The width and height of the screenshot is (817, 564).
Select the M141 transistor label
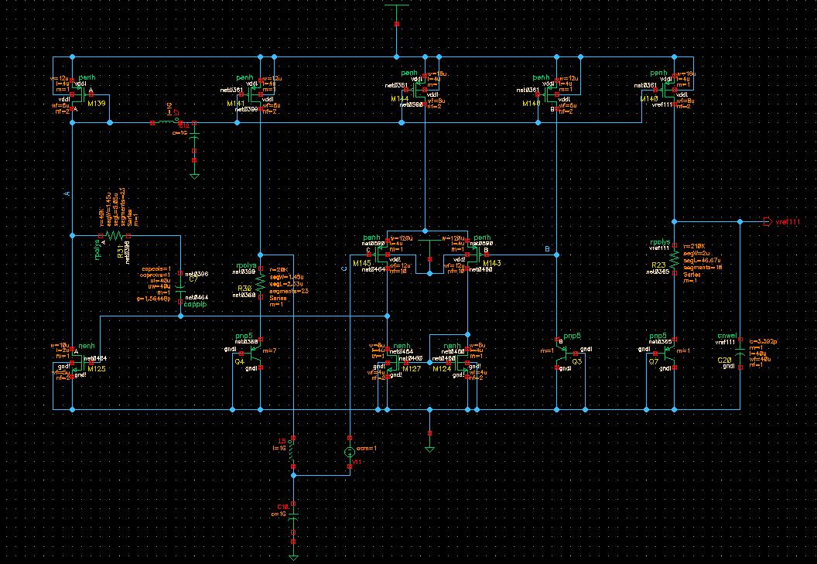[235, 102]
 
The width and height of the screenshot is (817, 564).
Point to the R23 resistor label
[658, 265]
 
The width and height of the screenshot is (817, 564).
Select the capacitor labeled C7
[179, 285]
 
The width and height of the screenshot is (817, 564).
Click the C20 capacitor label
[724, 361]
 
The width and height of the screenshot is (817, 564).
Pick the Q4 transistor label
[239, 361]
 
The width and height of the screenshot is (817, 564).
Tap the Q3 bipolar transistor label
[576, 361]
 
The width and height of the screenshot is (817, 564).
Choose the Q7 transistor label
[654, 361]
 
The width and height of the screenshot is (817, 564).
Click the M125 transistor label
[95, 369]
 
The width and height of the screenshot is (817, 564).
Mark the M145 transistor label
[361, 264]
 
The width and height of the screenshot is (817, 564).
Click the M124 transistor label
[442, 369]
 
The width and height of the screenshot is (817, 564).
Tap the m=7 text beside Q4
[269, 350]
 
